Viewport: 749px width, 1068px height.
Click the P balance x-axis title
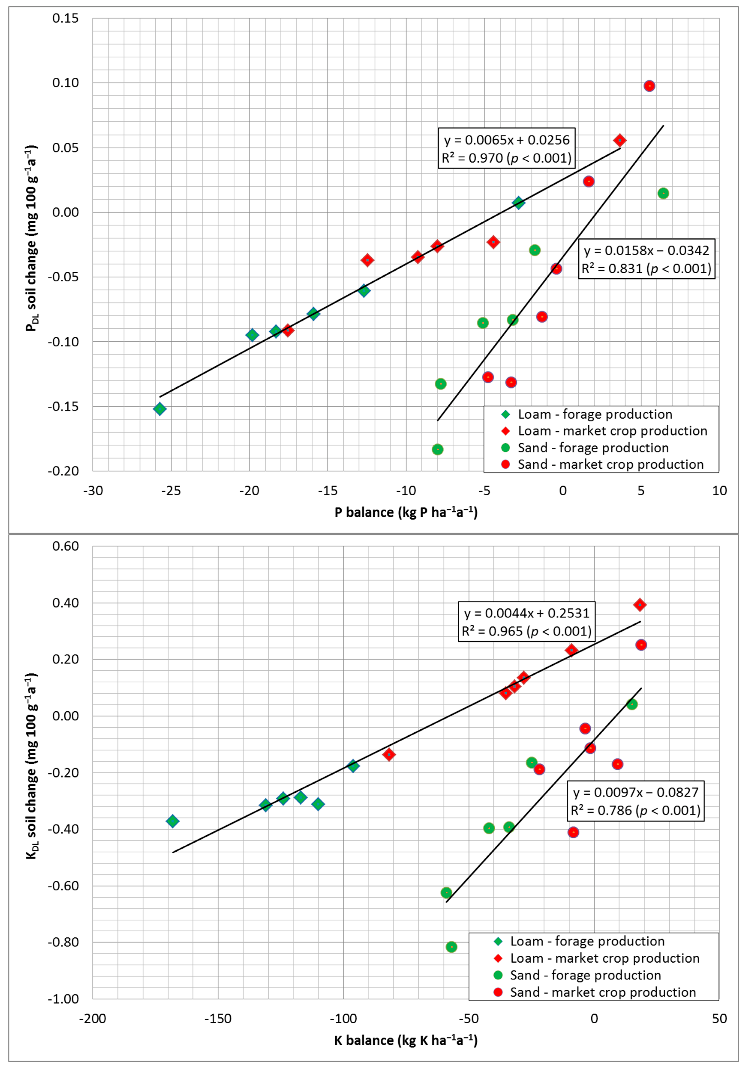click(406, 512)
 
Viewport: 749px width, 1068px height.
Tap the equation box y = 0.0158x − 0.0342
click(646, 259)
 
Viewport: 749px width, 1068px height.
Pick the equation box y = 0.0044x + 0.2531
click(527, 621)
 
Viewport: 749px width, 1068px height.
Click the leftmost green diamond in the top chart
click(160, 409)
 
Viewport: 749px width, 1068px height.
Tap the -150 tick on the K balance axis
click(218, 1019)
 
